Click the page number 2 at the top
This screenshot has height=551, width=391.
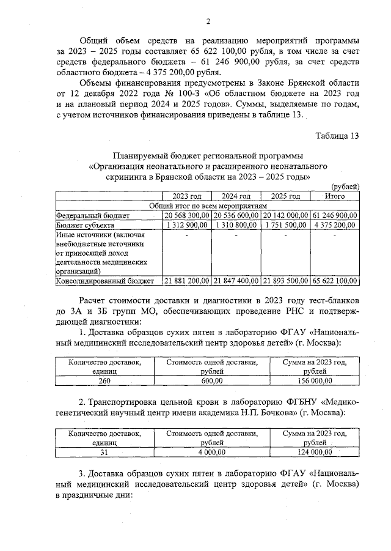coord(208,23)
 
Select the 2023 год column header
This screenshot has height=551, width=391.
coord(186,196)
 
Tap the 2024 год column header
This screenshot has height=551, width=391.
coord(236,196)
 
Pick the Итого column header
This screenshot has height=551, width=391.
coord(335,196)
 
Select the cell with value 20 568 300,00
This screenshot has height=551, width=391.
coord(187,216)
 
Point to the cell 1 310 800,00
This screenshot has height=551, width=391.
coord(236,225)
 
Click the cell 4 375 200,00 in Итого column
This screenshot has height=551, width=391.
coord(335,225)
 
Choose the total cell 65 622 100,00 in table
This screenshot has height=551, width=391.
coord(335,281)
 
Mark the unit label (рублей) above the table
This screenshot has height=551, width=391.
coord(345,187)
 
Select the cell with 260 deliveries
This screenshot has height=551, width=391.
coord(105,380)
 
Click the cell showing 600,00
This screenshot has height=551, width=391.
coord(211,380)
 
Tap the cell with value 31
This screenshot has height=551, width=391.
coord(105,452)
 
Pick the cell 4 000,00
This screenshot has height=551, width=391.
coord(211,452)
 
